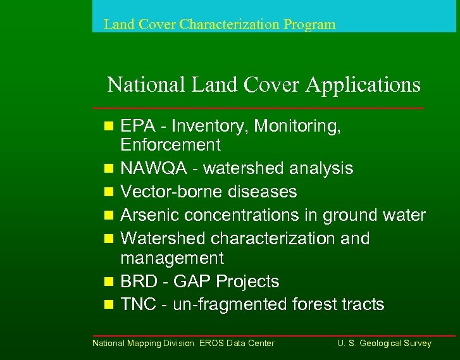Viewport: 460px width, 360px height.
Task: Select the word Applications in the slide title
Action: (363, 84)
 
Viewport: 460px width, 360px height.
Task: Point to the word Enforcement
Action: (170, 145)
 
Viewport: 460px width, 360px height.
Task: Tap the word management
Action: (172, 258)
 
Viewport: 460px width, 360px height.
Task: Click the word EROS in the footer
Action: (211, 344)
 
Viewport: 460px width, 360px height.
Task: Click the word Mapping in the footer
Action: (144, 344)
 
